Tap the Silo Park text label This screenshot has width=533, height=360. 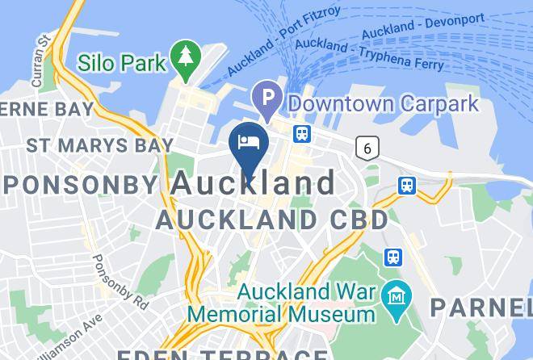[x=121, y=62]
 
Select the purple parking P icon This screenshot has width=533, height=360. [x=266, y=100]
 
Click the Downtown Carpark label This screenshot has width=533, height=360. [x=384, y=103]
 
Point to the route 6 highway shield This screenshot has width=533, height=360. [x=368, y=148]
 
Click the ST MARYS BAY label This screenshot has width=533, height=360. [x=99, y=146]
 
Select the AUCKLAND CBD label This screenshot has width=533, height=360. [x=271, y=219]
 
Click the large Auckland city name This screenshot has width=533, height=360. [x=254, y=183]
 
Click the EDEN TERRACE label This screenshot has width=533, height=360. [x=222, y=353]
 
